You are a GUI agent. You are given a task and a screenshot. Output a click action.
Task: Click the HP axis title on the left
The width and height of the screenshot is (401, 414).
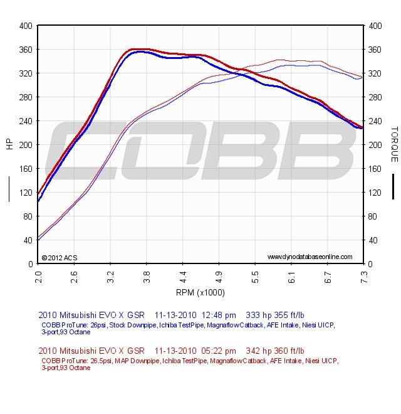click(x=9, y=144)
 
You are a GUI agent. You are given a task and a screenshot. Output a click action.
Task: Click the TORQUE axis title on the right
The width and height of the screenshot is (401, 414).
click(x=394, y=144)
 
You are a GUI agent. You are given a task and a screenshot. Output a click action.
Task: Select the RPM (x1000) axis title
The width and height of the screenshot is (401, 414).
click(x=201, y=292)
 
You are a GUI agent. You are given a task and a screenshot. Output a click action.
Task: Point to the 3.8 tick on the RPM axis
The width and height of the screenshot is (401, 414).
click(x=147, y=274)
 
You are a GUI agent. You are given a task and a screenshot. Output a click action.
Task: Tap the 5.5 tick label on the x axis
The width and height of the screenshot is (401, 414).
click(x=255, y=274)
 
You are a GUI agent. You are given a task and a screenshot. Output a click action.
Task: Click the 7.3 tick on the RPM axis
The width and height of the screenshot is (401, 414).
click(x=363, y=274)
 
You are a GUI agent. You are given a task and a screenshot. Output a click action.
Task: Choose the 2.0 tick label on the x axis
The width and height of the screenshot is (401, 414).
click(x=38, y=274)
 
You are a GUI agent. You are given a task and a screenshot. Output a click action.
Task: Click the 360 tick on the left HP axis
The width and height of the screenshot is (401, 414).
click(x=26, y=50)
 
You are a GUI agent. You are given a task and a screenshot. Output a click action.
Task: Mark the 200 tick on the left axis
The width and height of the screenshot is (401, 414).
click(x=26, y=145)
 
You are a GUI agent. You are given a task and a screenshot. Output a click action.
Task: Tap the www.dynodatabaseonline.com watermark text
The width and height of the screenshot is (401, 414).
click(x=310, y=257)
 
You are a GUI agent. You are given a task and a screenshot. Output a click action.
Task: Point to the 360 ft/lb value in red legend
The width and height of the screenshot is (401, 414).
click(x=290, y=351)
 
